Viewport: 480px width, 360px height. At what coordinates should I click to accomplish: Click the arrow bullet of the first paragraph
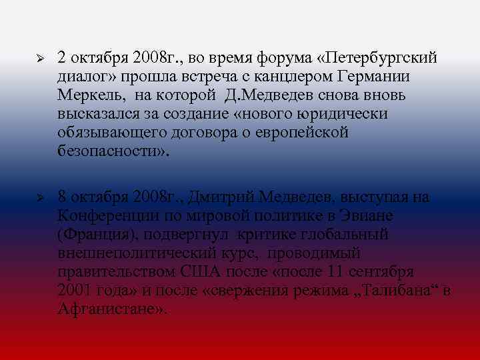[40, 58]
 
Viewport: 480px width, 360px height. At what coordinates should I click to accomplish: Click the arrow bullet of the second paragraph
[40, 199]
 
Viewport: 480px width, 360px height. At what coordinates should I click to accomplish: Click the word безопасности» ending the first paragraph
[113, 151]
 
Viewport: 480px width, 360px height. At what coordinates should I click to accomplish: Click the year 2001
[75, 292]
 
